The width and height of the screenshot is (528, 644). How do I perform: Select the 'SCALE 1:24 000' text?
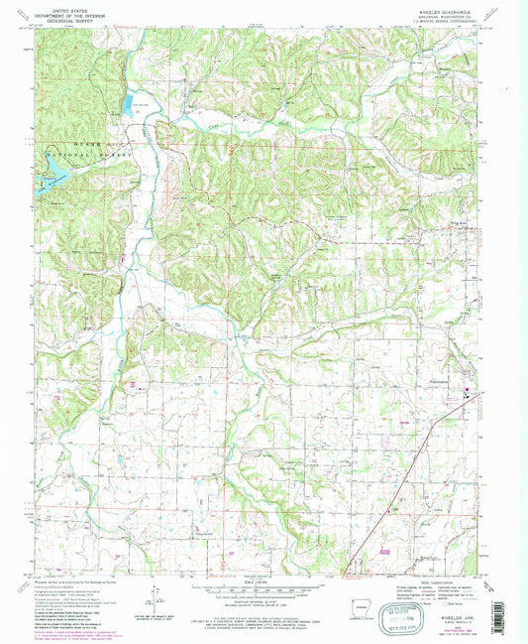coord(262,582)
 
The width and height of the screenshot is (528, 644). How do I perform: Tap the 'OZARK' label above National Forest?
coord(61,144)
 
